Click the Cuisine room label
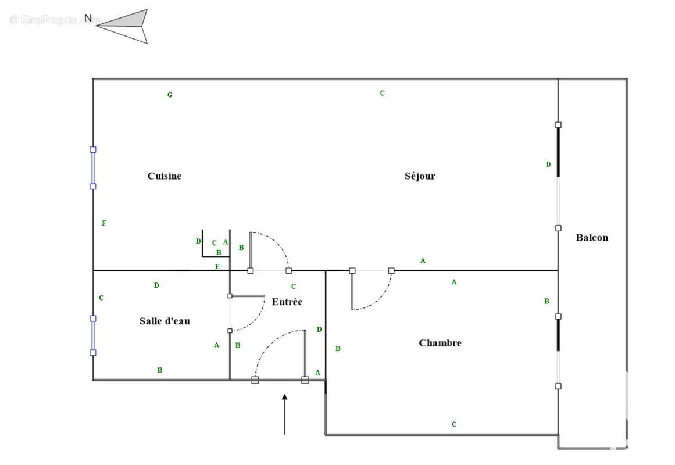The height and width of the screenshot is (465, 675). (164, 176)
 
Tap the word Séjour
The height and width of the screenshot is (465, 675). (420, 176)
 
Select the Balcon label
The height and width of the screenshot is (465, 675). (592, 237)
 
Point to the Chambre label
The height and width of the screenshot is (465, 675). (440, 343)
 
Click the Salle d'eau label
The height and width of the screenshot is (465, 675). (165, 321)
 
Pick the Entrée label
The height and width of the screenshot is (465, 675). (287, 302)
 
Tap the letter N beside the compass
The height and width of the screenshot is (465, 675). (88, 18)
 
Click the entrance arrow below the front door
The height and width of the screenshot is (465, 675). (284, 413)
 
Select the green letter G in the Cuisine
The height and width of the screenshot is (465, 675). (170, 95)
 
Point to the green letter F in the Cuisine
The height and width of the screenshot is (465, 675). (104, 223)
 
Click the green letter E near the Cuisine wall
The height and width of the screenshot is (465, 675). (217, 267)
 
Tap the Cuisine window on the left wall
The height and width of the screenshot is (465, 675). (93, 168)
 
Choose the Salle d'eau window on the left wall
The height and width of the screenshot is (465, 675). (93, 335)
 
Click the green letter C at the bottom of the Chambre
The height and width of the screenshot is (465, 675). (454, 424)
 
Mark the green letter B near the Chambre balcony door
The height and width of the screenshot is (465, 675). (547, 301)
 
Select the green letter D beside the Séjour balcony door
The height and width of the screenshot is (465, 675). (548, 164)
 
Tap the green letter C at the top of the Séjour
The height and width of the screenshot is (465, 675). (382, 93)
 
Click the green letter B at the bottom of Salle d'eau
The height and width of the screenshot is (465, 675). (160, 370)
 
